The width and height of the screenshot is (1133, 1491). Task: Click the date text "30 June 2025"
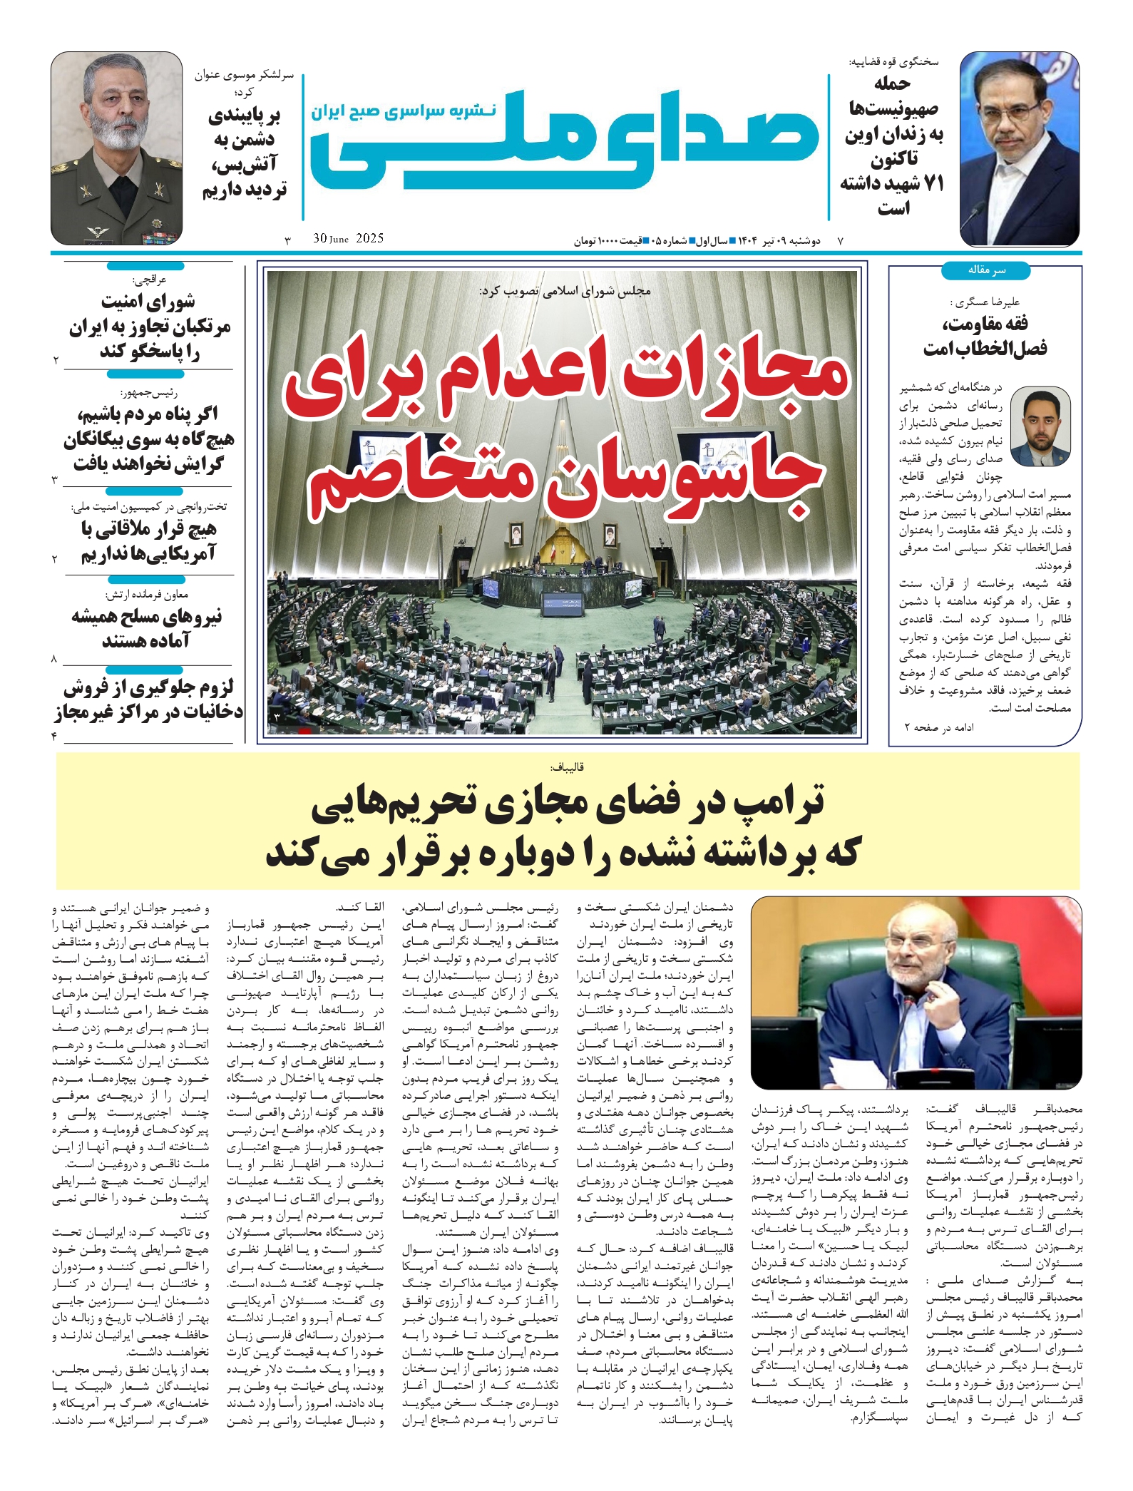348,239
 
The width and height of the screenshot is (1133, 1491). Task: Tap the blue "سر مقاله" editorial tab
985,270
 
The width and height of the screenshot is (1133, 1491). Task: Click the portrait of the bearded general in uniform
116,148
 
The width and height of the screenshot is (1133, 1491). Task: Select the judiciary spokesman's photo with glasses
1019,148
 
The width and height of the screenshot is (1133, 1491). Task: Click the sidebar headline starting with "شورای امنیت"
148,327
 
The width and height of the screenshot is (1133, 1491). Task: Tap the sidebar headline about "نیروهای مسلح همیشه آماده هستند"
147,628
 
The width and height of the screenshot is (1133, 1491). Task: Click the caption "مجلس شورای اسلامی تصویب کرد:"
565,290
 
